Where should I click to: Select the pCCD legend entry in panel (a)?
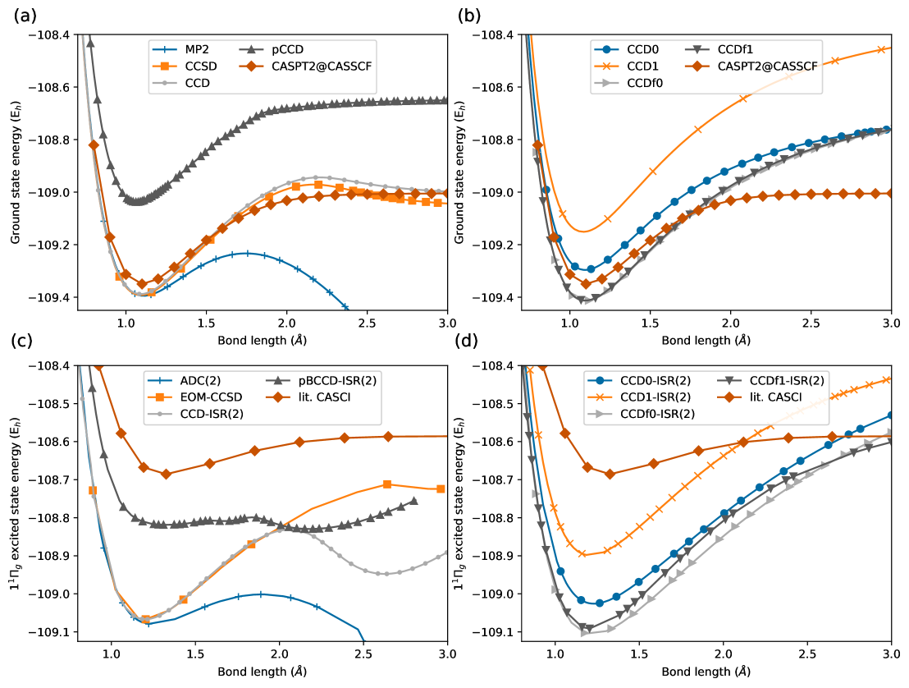(287, 49)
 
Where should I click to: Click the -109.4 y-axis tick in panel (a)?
(53, 297)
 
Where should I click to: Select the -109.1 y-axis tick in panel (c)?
(53, 632)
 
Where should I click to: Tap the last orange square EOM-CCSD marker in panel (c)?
(441, 488)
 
